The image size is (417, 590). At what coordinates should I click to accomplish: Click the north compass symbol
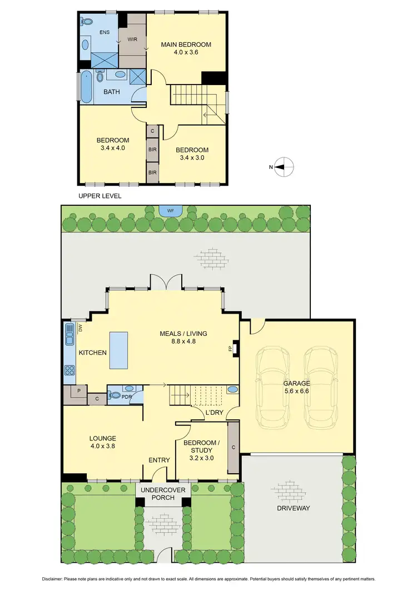[x=284, y=166]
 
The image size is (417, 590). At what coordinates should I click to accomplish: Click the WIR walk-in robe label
[x=132, y=39]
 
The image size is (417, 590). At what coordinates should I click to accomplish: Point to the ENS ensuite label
[x=105, y=32]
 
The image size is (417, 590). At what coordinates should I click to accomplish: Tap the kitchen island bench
[x=119, y=350]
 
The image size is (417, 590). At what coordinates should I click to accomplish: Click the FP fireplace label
[x=230, y=349]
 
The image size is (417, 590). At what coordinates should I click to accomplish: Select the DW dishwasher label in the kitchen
[x=80, y=329]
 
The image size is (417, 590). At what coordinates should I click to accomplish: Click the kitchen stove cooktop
[x=70, y=370]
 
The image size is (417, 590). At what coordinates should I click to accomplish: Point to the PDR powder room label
[x=126, y=397]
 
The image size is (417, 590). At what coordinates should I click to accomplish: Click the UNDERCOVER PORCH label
[x=163, y=493]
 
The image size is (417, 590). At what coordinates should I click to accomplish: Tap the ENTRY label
[x=159, y=460]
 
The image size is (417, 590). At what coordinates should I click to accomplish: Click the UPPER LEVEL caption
[x=100, y=196]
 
